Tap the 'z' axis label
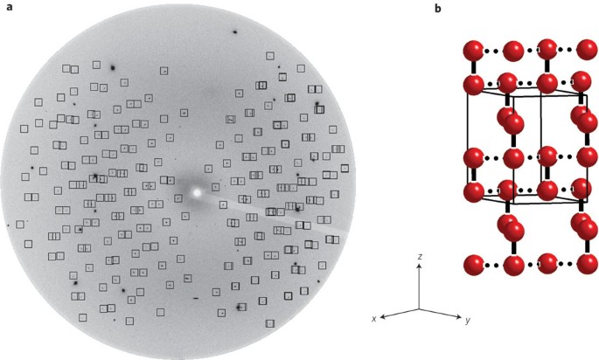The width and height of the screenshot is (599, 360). point(421,256)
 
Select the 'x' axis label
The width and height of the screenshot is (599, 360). point(374,319)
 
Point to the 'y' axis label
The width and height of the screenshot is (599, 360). point(468,320)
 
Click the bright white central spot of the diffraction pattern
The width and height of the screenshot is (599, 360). point(197,190)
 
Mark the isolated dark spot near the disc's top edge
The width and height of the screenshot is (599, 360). point(235,32)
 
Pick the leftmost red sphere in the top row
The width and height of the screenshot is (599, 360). point(474,49)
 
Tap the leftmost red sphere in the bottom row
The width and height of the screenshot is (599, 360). point(474,264)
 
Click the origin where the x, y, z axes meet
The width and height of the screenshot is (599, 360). point(419,309)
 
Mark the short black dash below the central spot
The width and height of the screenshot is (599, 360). point(197,297)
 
